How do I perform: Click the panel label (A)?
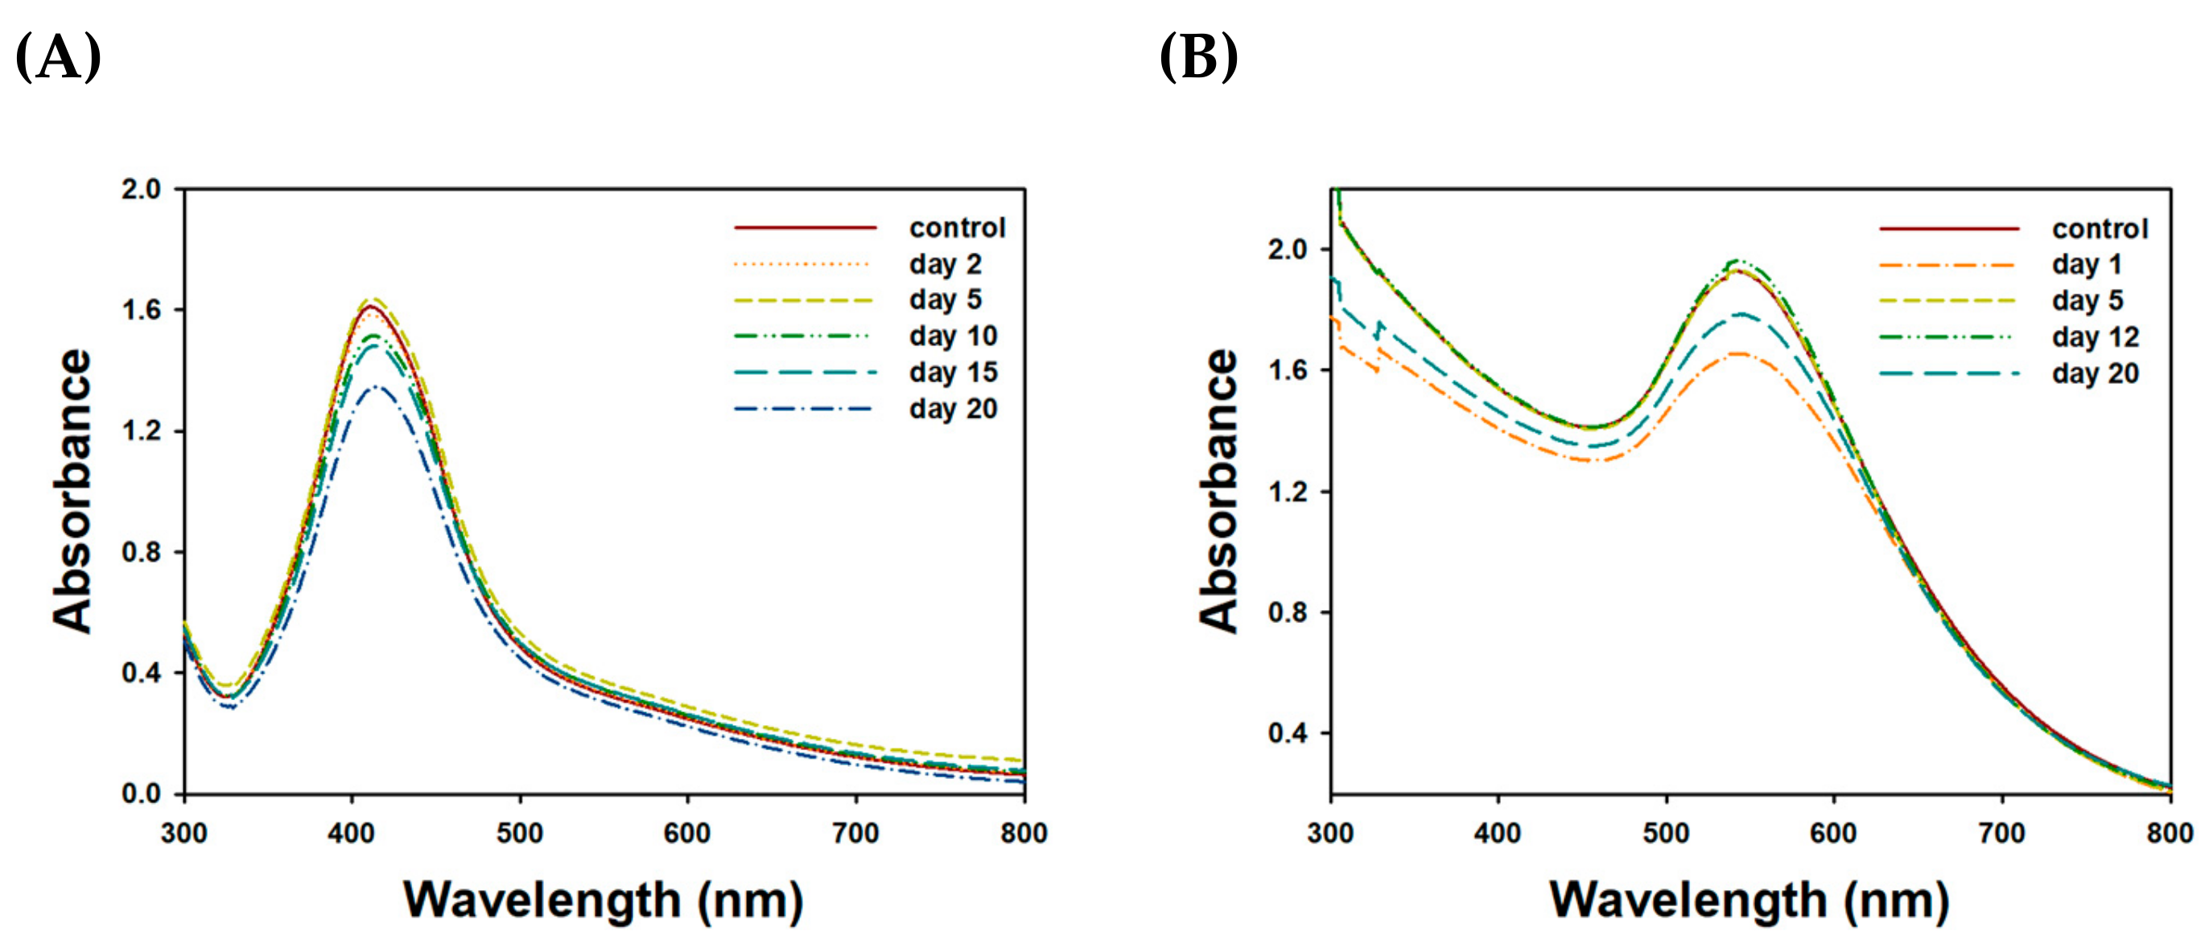[x=58, y=56]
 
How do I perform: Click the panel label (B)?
[x=1198, y=56]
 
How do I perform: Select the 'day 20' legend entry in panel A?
[x=953, y=409]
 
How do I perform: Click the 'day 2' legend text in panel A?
[x=945, y=264]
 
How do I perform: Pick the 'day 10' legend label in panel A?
[x=953, y=336]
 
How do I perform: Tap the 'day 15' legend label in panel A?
[x=953, y=372]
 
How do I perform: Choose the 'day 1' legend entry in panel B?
[x=2087, y=264]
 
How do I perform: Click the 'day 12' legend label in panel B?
[x=2095, y=337]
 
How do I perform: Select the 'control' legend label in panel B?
[x=2100, y=228]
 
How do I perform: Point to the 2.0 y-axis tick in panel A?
[x=142, y=188]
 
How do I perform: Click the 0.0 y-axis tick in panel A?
[x=142, y=794]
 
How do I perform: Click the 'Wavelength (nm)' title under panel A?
[x=603, y=901]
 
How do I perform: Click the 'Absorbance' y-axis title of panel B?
[x=1218, y=490]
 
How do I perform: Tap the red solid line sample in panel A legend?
[x=806, y=228]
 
